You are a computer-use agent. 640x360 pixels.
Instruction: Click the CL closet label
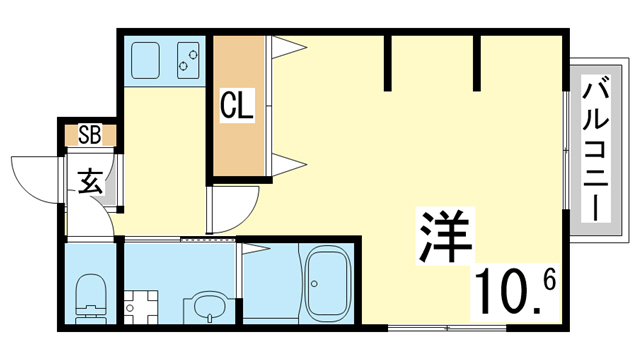(238, 104)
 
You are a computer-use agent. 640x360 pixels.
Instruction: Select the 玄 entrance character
(90, 182)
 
